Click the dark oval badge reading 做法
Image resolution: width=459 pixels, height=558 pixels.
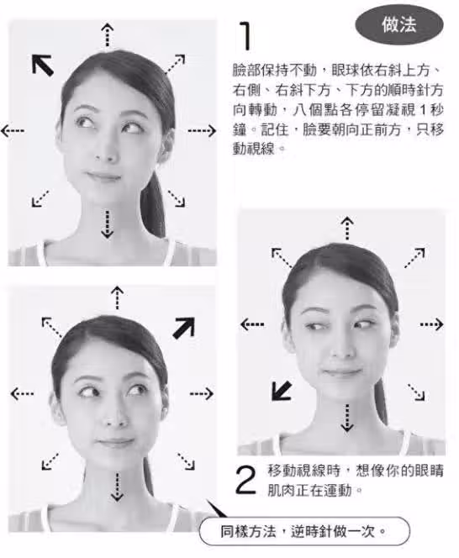point(399,24)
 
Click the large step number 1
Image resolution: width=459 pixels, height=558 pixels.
point(245,35)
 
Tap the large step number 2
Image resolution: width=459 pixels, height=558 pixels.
point(245,480)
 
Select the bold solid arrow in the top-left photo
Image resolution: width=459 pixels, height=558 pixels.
point(43,65)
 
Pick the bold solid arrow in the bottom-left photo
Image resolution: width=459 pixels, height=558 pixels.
point(184,328)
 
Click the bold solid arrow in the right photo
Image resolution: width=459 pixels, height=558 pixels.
point(282,391)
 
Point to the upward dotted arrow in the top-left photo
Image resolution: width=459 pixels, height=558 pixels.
point(107,35)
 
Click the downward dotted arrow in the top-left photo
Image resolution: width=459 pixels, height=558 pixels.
point(107,224)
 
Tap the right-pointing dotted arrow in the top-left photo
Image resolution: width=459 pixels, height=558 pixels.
point(202,130)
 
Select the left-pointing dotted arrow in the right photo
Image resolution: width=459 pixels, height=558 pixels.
point(252,324)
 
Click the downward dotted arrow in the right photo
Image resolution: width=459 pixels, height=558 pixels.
point(347,418)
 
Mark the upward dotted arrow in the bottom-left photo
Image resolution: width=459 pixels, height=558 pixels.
point(117,297)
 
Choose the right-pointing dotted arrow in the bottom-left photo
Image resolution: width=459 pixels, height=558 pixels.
point(202,393)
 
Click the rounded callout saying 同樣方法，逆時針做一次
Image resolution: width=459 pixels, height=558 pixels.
point(304,531)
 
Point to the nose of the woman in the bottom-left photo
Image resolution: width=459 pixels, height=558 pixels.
point(114,417)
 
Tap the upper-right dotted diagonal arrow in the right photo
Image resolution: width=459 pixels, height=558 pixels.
point(414,258)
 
